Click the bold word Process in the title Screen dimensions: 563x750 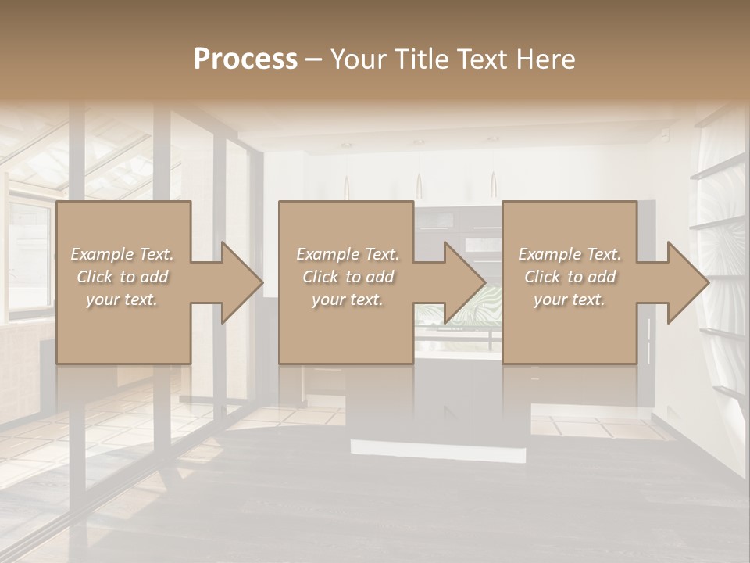coord(245,59)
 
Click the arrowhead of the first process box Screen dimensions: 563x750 coord(241,282)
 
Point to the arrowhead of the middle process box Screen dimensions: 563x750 coord(464,282)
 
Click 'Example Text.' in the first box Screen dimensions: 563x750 coord(122,254)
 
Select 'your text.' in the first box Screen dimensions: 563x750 coord(122,299)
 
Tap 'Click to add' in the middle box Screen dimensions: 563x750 coord(348,277)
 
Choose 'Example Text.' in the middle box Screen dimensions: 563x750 coord(348,254)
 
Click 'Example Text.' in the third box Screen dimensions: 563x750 coord(570,254)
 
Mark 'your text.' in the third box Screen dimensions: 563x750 coord(570,299)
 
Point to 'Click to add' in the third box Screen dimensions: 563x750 coord(570,277)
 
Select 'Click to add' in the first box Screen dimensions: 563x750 coord(122,277)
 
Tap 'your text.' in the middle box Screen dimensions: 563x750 coord(348,299)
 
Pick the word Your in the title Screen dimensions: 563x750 coord(356,59)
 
